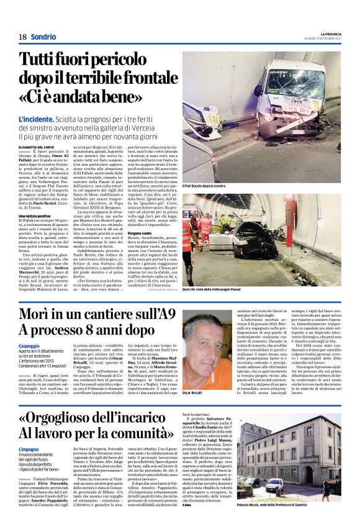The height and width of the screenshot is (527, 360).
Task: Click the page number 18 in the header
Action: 22,36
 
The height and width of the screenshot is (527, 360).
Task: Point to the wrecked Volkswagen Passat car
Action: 248,248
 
